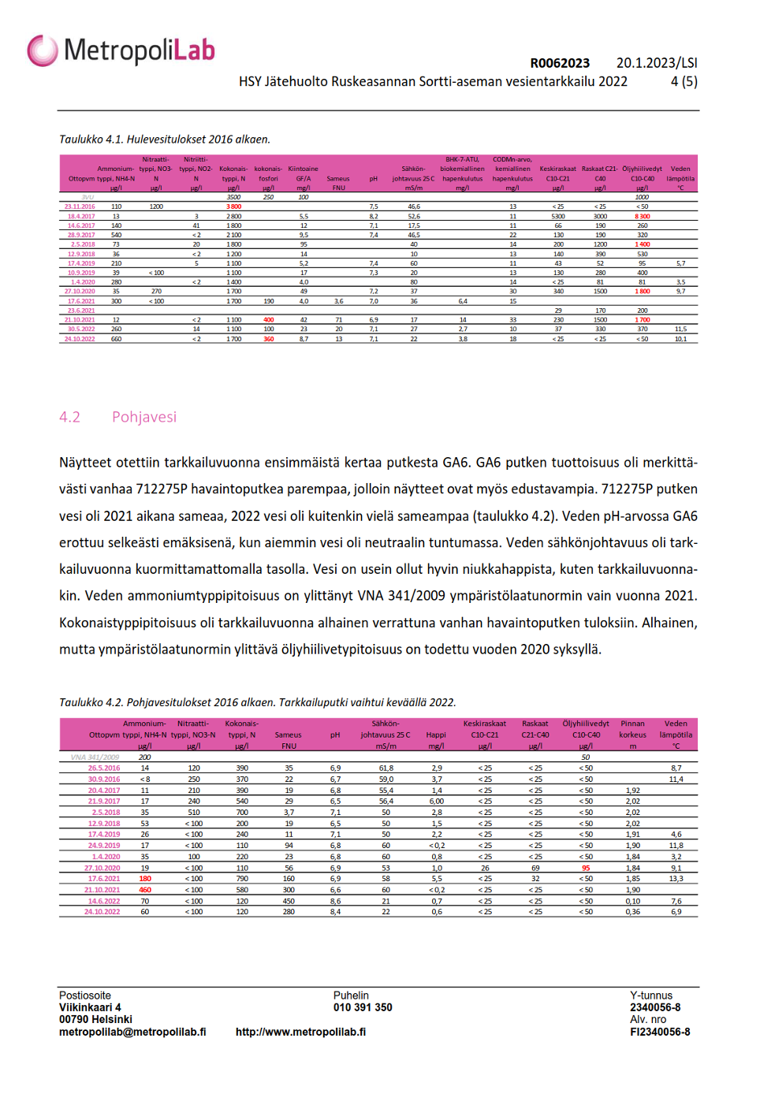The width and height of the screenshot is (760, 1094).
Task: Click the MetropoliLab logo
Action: [x=121, y=50]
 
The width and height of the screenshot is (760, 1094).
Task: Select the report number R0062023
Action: [x=560, y=63]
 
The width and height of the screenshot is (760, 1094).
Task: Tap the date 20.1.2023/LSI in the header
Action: [x=657, y=63]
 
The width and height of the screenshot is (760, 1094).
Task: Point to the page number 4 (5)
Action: [x=684, y=81]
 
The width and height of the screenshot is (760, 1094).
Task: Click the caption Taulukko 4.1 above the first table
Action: [x=165, y=140]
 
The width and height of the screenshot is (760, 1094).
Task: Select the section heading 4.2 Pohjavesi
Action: [x=118, y=417]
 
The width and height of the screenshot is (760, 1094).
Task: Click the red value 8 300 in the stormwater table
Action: [x=642, y=216]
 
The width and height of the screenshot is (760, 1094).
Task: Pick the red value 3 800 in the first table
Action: [x=233, y=207]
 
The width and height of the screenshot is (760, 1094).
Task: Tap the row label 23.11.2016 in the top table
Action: [x=80, y=207]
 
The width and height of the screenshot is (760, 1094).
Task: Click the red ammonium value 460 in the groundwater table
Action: [x=145, y=890]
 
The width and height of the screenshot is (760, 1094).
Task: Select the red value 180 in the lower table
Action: [x=145, y=879]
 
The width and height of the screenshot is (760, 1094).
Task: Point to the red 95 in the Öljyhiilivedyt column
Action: [x=586, y=868]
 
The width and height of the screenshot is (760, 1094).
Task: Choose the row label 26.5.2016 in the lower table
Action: [x=104, y=768]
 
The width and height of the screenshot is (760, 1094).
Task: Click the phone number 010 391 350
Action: [x=363, y=1007]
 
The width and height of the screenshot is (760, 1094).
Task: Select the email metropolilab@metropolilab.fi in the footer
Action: [x=132, y=1032]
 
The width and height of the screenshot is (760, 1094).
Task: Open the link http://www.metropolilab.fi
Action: [x=300, y=1032]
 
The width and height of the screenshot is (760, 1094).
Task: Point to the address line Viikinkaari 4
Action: [x=90, y=1007]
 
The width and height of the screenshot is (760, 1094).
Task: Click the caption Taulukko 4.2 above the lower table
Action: [x=257, y=702]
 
